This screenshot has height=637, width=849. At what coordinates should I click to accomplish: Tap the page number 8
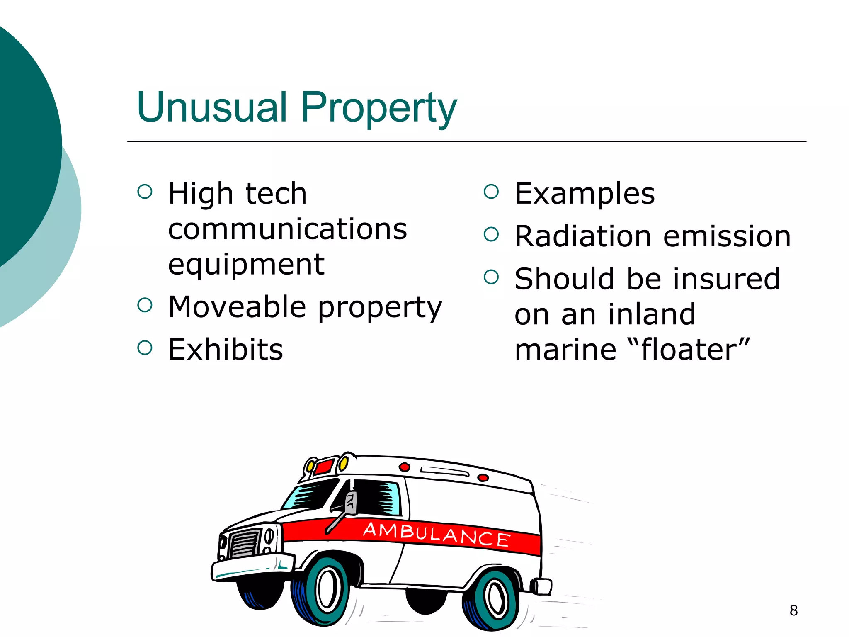[793, 610]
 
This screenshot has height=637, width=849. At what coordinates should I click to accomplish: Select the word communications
[287, 229]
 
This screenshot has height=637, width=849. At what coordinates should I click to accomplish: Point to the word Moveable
[238, 307]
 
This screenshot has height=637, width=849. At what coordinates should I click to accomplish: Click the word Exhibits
[226, 350]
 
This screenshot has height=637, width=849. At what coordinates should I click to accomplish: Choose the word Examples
[584, 194]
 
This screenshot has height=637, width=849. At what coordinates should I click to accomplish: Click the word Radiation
[583, 236]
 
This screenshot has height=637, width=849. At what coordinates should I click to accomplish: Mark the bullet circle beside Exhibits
[145, 348]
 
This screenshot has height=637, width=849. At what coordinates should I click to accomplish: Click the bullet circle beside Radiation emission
[491, 234]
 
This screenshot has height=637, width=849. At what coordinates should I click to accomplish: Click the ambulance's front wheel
[325, 589]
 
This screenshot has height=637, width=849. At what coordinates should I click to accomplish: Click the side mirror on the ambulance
[351, 503]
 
